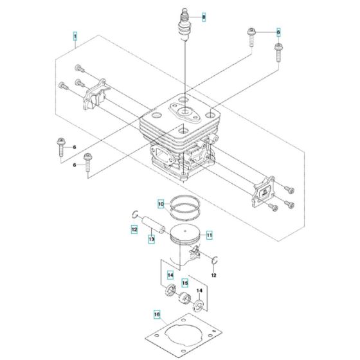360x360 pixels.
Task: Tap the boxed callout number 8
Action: (204, 16)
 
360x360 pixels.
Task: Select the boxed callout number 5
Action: (278, 32)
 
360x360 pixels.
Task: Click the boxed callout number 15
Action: (184, 282)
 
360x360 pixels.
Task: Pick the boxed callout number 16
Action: (156, 314)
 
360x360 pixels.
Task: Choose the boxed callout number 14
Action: (171, 276)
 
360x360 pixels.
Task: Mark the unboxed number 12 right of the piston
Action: (213, 276)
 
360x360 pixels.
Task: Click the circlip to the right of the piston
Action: (216, 260)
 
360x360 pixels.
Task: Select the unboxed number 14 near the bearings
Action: (199, 291)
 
